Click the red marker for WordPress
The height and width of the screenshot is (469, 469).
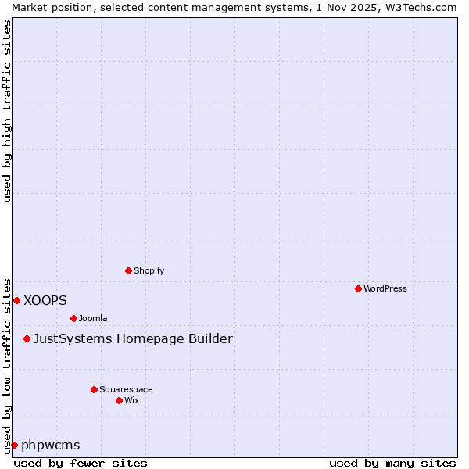coord(358,288)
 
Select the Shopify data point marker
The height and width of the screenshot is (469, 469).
coord(128,270)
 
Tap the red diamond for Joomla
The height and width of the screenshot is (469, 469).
coord(73,318)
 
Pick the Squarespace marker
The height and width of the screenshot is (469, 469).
coord(94,389)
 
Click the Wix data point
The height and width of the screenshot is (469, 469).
coord(119,400)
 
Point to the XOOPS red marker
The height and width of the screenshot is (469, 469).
coord(16,300)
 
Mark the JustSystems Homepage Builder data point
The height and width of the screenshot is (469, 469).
coord(27,338)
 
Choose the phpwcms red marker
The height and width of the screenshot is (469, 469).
coord(14,445)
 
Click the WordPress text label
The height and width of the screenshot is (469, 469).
coord(385,288)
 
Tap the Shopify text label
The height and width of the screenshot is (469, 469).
coord(149,270)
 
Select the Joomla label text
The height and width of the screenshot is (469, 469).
coord(93,318)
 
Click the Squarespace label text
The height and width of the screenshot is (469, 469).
coord(126,389)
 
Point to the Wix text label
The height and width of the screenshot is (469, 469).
coord(132,400)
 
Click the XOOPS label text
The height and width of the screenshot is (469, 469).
coord(45,300)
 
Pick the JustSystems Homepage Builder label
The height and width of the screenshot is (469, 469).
coord(133,338)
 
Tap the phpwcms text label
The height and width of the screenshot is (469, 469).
coord(51,445)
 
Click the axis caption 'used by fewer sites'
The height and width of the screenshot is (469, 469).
coord(81,463)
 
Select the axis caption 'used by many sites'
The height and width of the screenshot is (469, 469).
coord(392,463)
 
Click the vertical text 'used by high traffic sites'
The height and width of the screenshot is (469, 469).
coord(7,111)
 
